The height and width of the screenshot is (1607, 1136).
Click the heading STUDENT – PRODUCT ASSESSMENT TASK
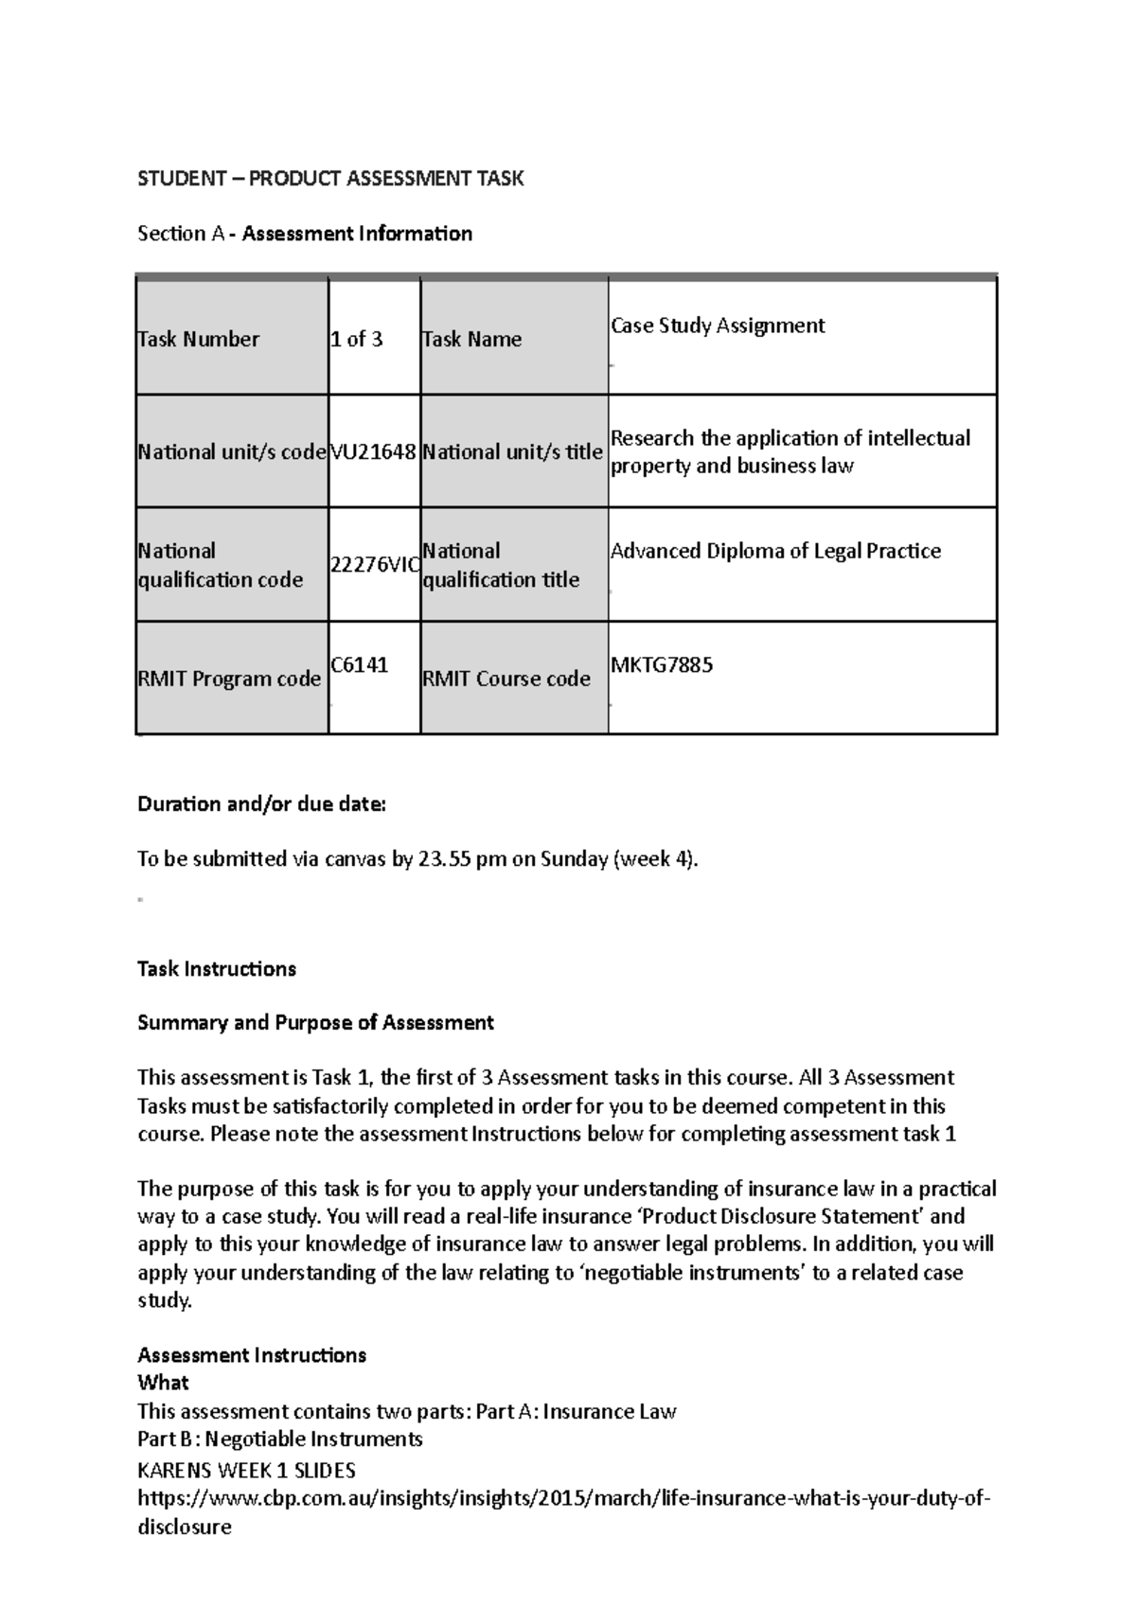[x=330, y=179]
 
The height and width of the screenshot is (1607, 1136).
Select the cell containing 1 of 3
[x=357, y=340]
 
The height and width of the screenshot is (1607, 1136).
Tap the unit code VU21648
[x=373, y=452]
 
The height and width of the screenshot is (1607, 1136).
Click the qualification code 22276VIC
[x=374, y=565]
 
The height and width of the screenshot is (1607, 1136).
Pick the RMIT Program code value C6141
[x=359, y=665]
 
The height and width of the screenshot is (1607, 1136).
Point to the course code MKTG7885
[x=662, y=665]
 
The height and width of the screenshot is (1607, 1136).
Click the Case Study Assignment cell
[x=718, y=326]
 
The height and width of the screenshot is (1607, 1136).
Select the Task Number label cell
[x=199, y=340]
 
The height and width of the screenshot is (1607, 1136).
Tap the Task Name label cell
[x=471, y=340]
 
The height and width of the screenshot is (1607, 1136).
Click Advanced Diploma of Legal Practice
[x=775, y=552]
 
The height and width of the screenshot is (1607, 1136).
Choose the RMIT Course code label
[x=506, y=680]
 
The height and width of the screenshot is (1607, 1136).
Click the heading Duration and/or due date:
[x=262, y=804]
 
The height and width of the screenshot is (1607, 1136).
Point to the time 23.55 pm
[x=462, y=859]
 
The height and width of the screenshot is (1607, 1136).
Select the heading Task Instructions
[x=217, y=969]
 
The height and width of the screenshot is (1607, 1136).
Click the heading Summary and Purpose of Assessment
[x=315, y=1023]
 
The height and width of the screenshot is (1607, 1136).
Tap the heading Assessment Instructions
[x=252, y=1355]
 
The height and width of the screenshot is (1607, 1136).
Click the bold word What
[x=163, y=1383]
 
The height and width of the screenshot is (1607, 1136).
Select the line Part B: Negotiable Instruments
[x=280, y=1439]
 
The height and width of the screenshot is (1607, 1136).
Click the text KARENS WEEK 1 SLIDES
[x=247, y=1471]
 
